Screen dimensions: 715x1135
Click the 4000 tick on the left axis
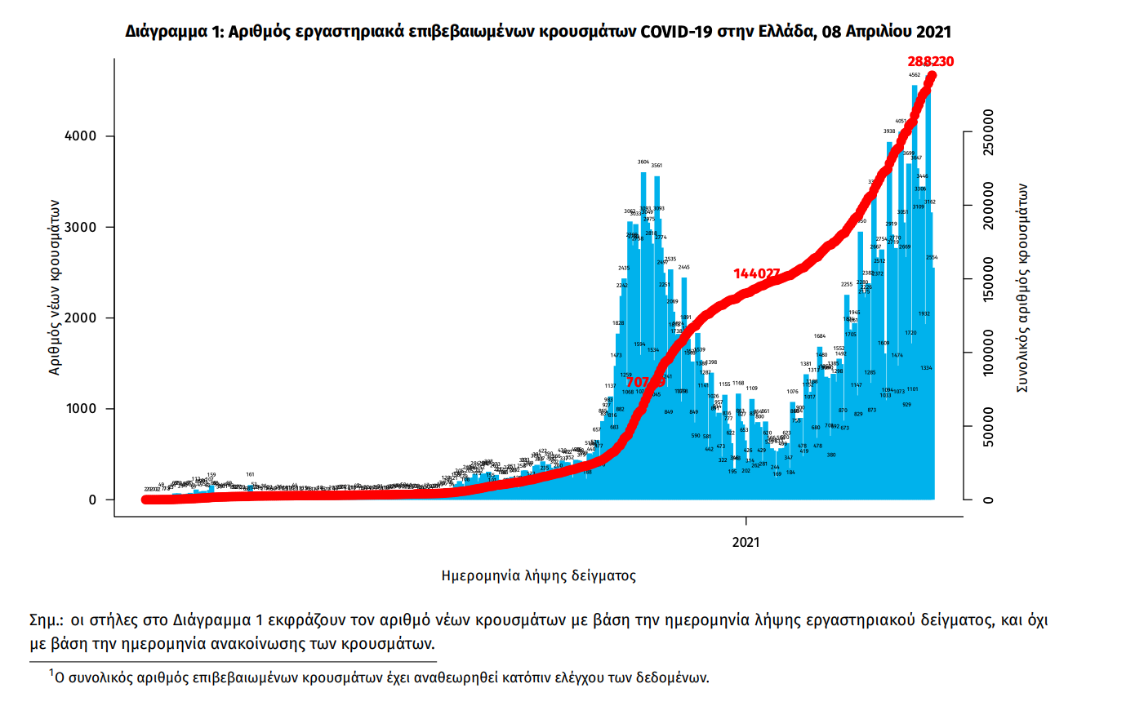point(80,136)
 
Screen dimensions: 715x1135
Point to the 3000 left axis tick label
point(80,228)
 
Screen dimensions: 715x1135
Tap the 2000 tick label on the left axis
point(80,318)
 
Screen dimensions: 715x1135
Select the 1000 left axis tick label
point(80,409)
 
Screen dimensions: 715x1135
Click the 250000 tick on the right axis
point(988,132)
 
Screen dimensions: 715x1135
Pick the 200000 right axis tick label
point(988,206)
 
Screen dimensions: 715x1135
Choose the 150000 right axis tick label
point(988,279)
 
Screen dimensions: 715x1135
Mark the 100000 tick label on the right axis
point(988,353)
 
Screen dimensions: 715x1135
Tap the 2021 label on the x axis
point(746,543)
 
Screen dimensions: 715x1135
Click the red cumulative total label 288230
point(930,61)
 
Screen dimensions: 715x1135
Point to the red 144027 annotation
point(756,273)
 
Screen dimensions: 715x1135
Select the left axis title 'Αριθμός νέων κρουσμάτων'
point(55,287)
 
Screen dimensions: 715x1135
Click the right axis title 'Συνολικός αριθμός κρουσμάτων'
point(1021,287)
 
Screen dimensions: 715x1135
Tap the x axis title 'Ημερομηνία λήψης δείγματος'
point(538,575)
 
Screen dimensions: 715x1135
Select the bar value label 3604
point(643,162)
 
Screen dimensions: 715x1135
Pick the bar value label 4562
point(915,75)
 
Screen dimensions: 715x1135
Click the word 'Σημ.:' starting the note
point(46,620)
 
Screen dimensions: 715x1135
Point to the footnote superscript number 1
point(51,673)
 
